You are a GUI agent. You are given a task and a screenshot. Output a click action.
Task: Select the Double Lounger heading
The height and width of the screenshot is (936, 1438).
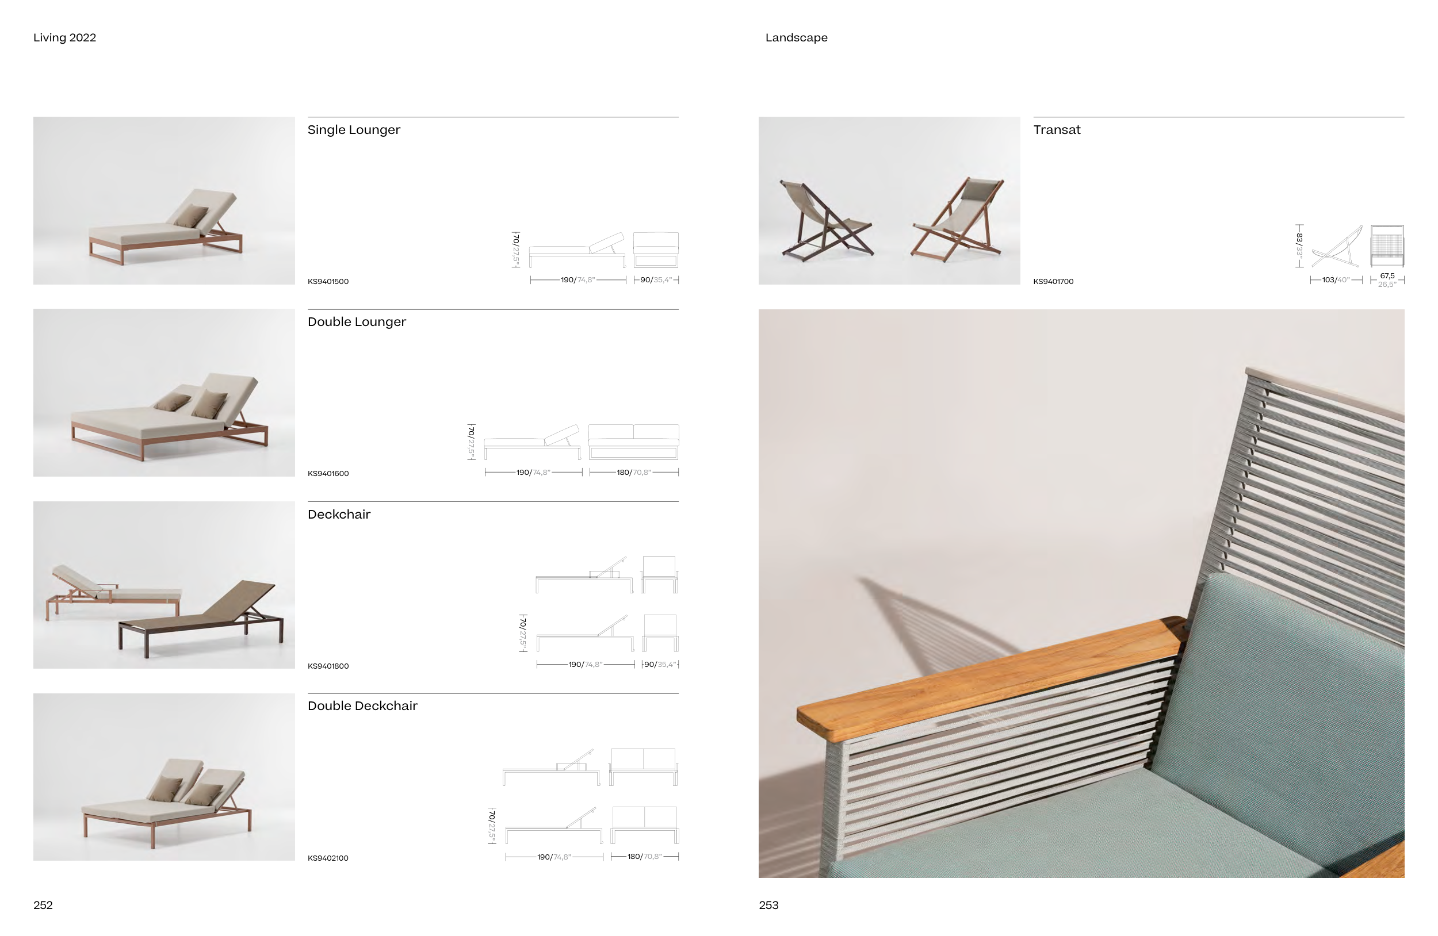pyautogui.click(x=357, y=322)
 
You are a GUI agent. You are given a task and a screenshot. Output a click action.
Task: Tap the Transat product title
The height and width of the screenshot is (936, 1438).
pyautogui.click(x=1056, y=130)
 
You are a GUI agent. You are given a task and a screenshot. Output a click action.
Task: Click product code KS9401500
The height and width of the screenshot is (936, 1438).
pyautogui.click(x=327, y=281)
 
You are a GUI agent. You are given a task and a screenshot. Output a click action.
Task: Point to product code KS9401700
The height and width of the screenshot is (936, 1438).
pyautogui.click(x=1053, y=281)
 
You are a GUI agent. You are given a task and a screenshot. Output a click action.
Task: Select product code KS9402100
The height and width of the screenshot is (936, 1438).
pyautogui.click(x=327, y=858)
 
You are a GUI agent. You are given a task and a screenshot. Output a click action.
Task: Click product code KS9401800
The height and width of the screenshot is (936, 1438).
pyautogui.click(x=327, y=666)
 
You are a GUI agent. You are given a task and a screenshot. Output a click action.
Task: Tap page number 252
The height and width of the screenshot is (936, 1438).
pyautogui.click(x=43, y=904)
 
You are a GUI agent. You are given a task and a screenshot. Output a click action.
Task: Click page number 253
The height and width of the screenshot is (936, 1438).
pyautogui.click(x=768, y=904)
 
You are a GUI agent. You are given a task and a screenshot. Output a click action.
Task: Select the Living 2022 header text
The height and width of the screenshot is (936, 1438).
pyautogui.click(x=64, y=37)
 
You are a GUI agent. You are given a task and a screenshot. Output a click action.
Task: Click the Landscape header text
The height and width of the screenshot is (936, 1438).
pyautogui.click(x=796, y=37)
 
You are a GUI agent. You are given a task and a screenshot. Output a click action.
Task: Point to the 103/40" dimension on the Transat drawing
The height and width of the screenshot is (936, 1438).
pyautogui.click(x=1335, y=280)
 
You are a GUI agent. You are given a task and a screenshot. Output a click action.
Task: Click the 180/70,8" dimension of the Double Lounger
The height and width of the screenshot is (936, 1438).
pyautogui.click(x=633, y=472)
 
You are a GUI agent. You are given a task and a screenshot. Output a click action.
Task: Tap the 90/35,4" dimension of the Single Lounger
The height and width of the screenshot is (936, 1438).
pyautogui.click(x=656, y=280)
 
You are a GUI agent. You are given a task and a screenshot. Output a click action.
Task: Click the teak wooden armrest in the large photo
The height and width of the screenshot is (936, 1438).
pyautogui.click(x=985, y=676)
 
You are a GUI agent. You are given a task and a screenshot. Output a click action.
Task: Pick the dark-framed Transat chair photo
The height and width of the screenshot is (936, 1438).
pyautogui.click(x=825, y=220)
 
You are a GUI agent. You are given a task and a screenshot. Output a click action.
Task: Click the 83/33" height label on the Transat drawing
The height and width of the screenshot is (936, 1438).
pyautogui.click(x=1299, y=245)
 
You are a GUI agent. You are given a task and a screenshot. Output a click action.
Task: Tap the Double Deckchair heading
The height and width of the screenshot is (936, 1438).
pyautogui.click(x=362, y=706)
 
